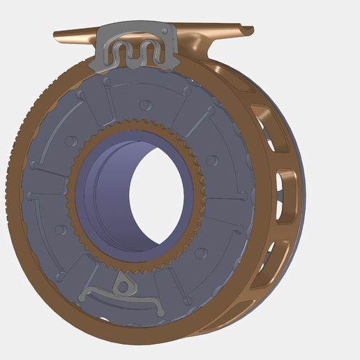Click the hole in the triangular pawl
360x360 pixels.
[123, 285]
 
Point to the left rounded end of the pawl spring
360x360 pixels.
[84, 297]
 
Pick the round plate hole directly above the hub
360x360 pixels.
[144, 105]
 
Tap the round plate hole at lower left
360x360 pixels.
[61, 230]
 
